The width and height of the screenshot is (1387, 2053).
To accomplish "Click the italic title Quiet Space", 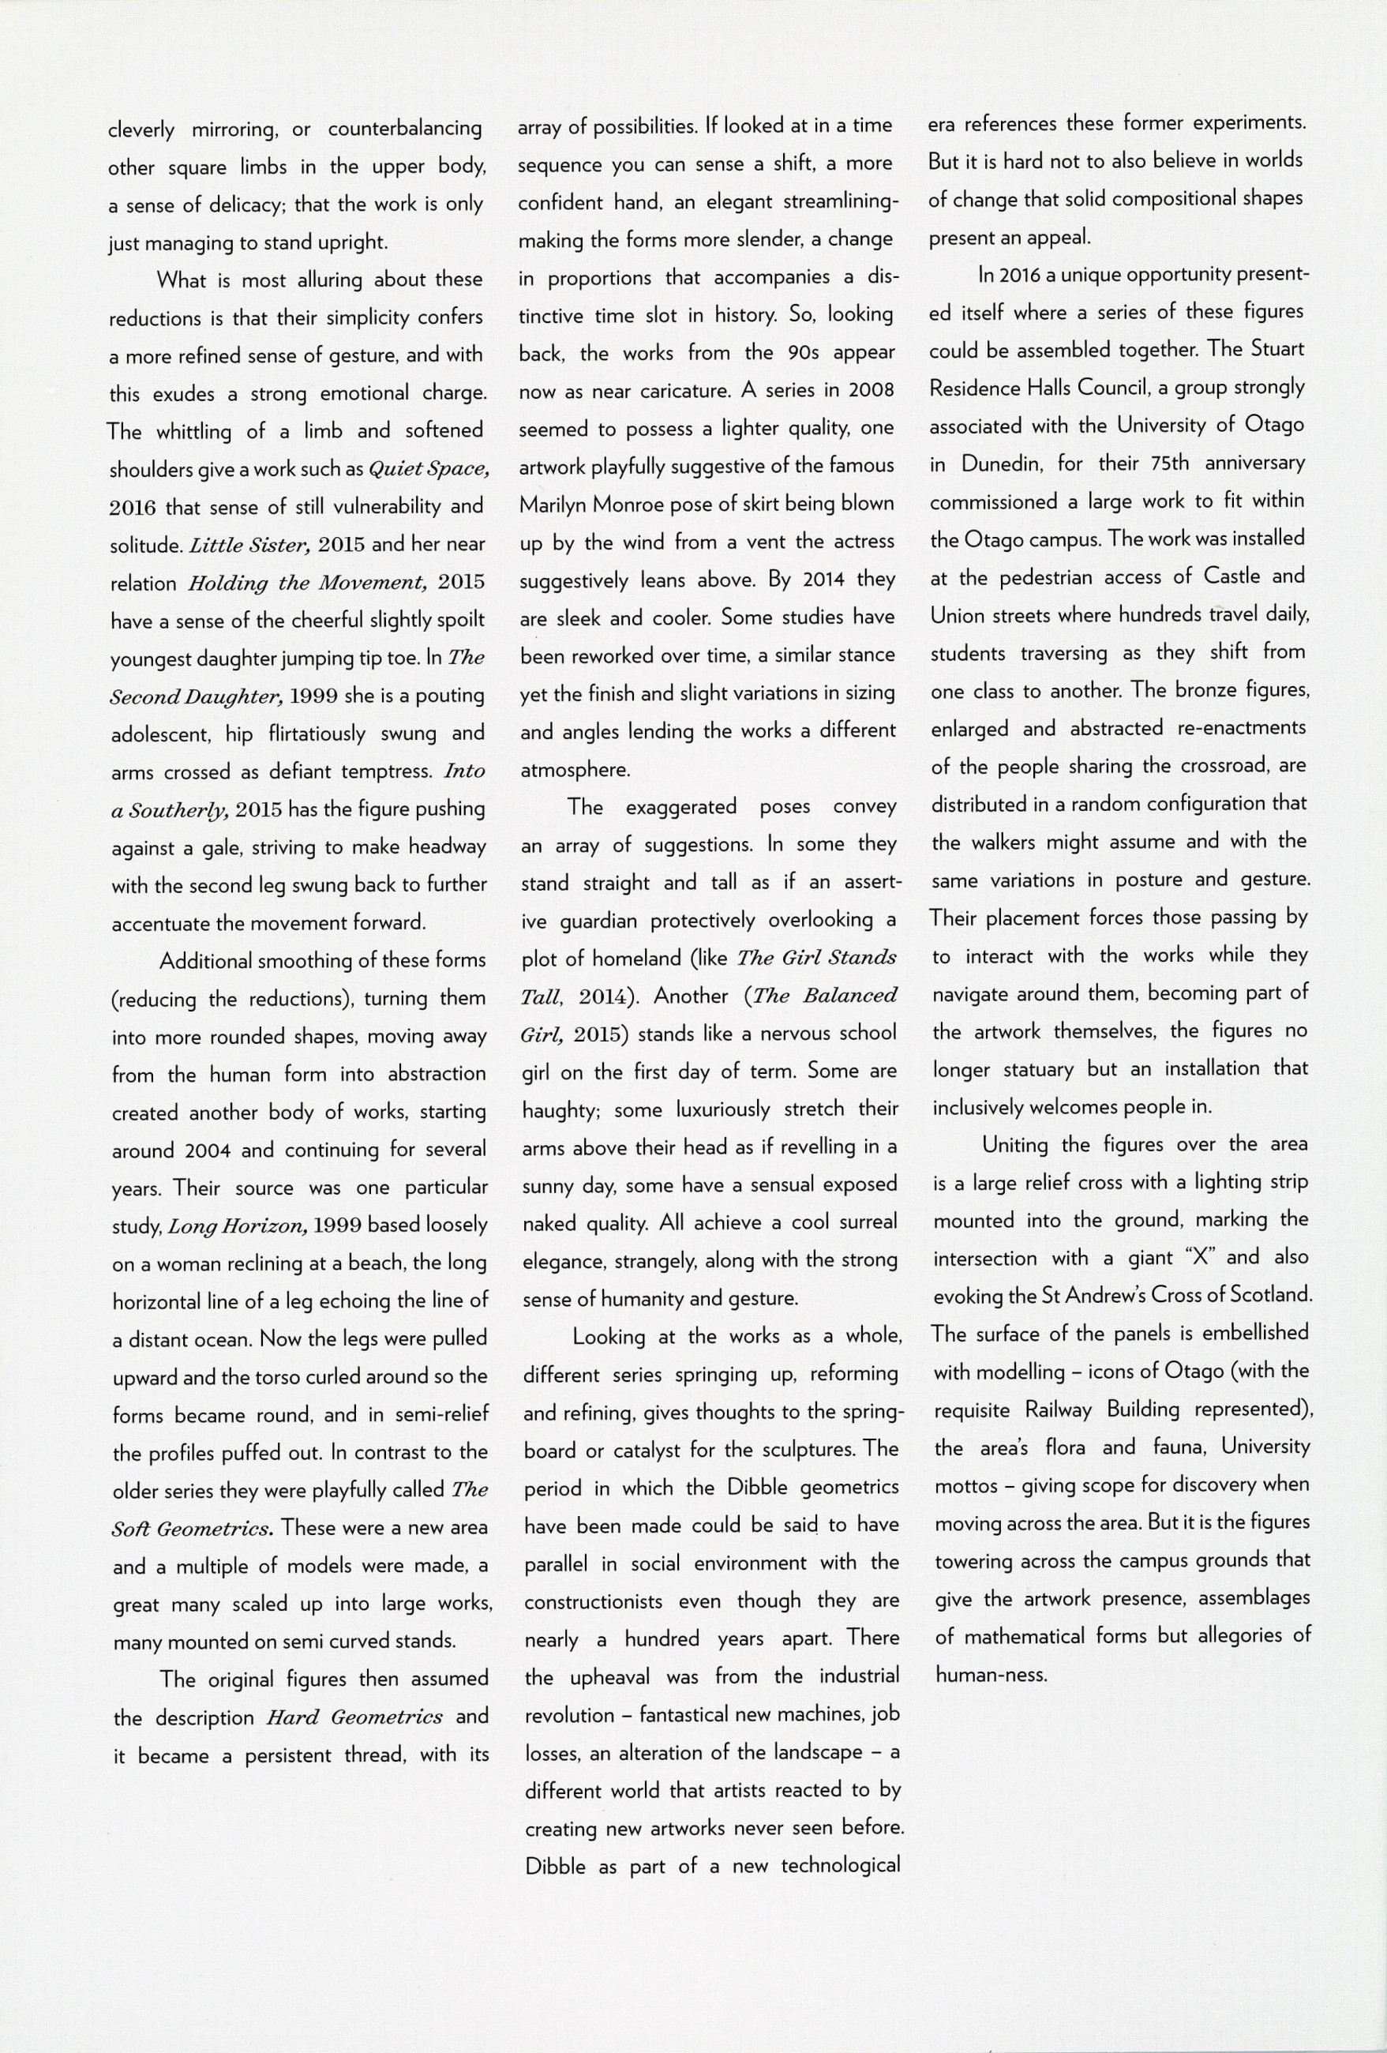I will [x=428, y=469].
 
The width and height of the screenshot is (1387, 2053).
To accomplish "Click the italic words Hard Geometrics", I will [x=354, y=1717].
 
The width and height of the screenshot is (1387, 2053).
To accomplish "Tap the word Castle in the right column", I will [x=1236, y=576].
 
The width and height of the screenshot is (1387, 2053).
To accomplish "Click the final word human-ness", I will [x=989, y=1675].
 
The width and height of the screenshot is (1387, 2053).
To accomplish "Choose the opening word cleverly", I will [x=141, y=129].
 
